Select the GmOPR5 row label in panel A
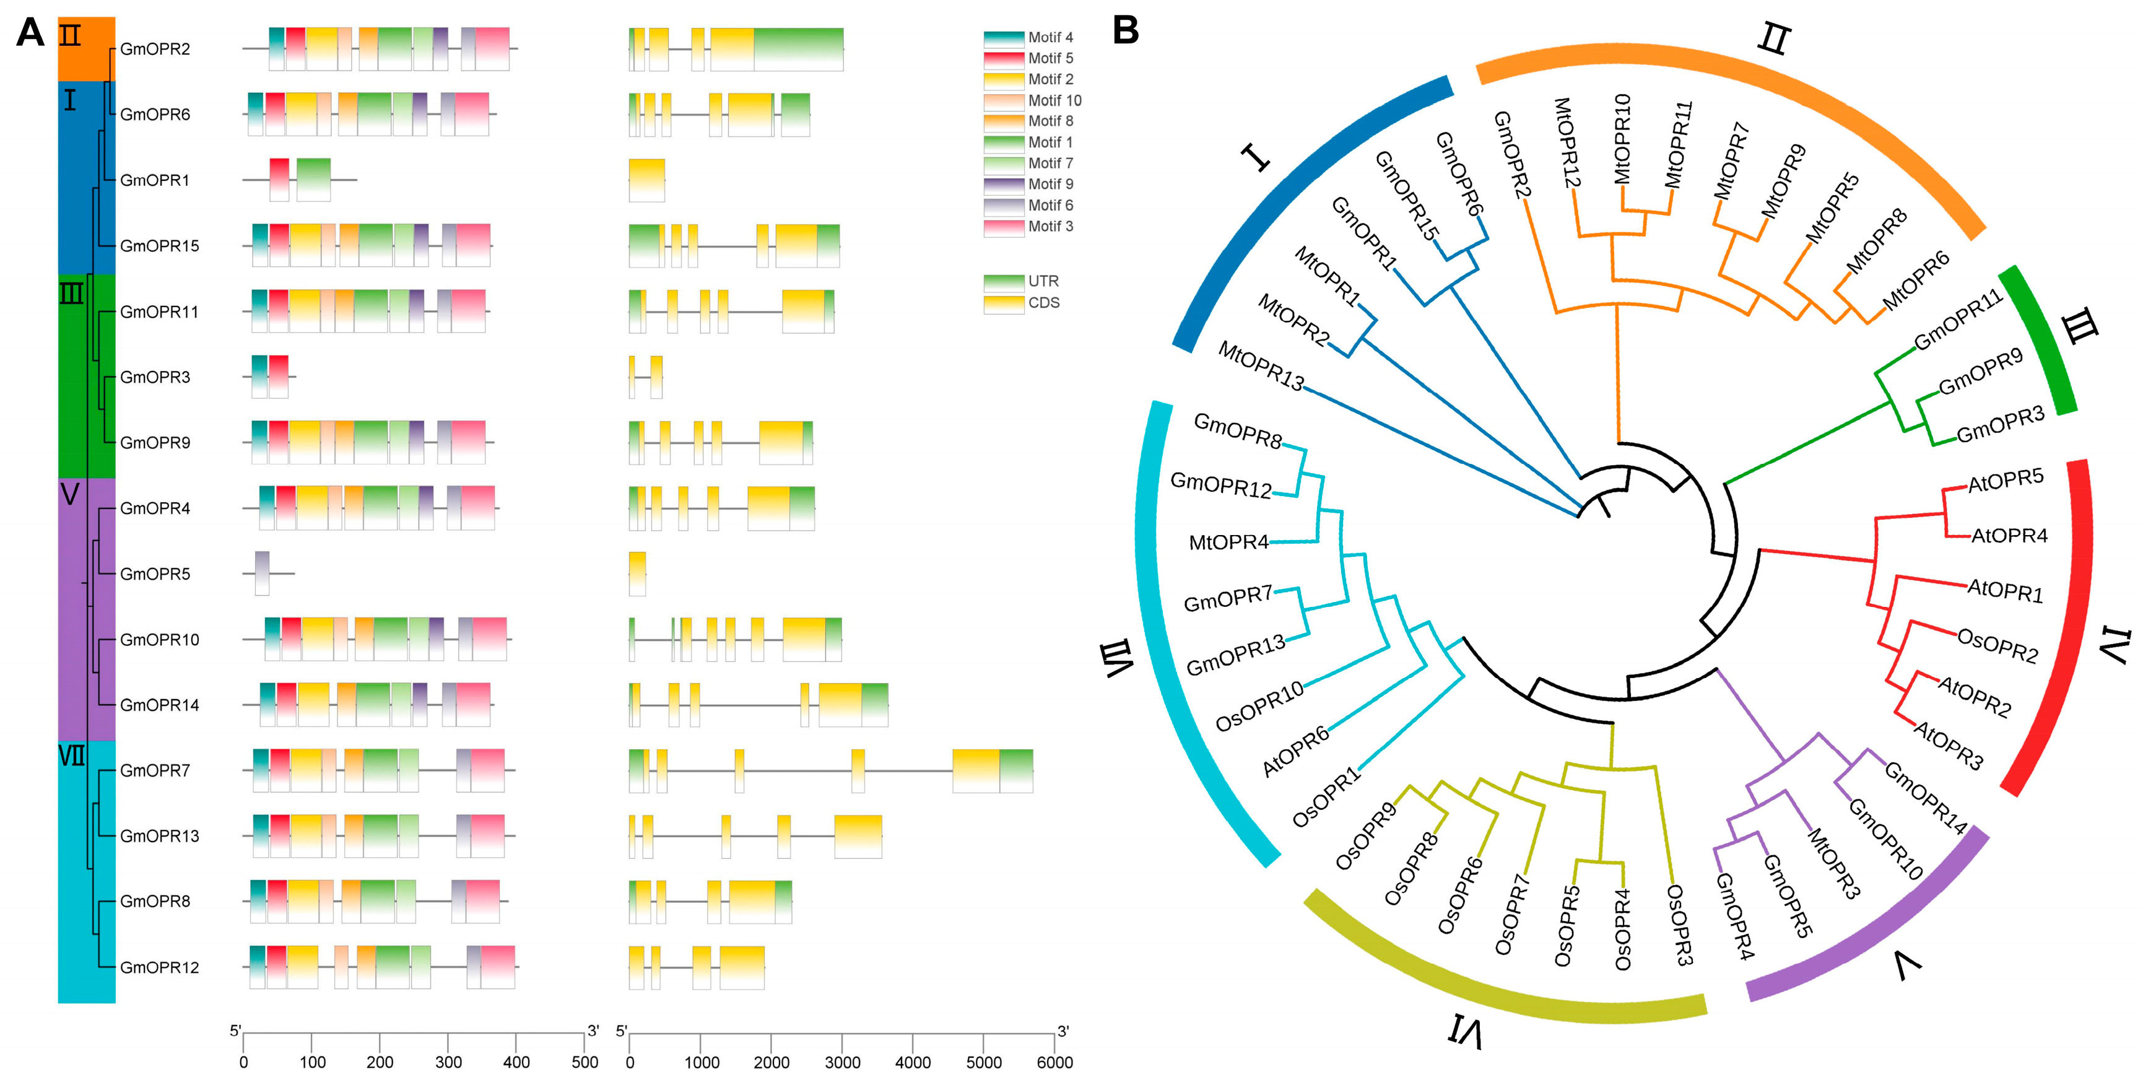pos(155,574)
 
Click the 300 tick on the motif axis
pos(448,1061)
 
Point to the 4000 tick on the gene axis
pos(913,1061)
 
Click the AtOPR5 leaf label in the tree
pos(2005,481)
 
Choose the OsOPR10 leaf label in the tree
pos(1259,707)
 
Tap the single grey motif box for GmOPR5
pos(262,572)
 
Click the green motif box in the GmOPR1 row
pos(314,179)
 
